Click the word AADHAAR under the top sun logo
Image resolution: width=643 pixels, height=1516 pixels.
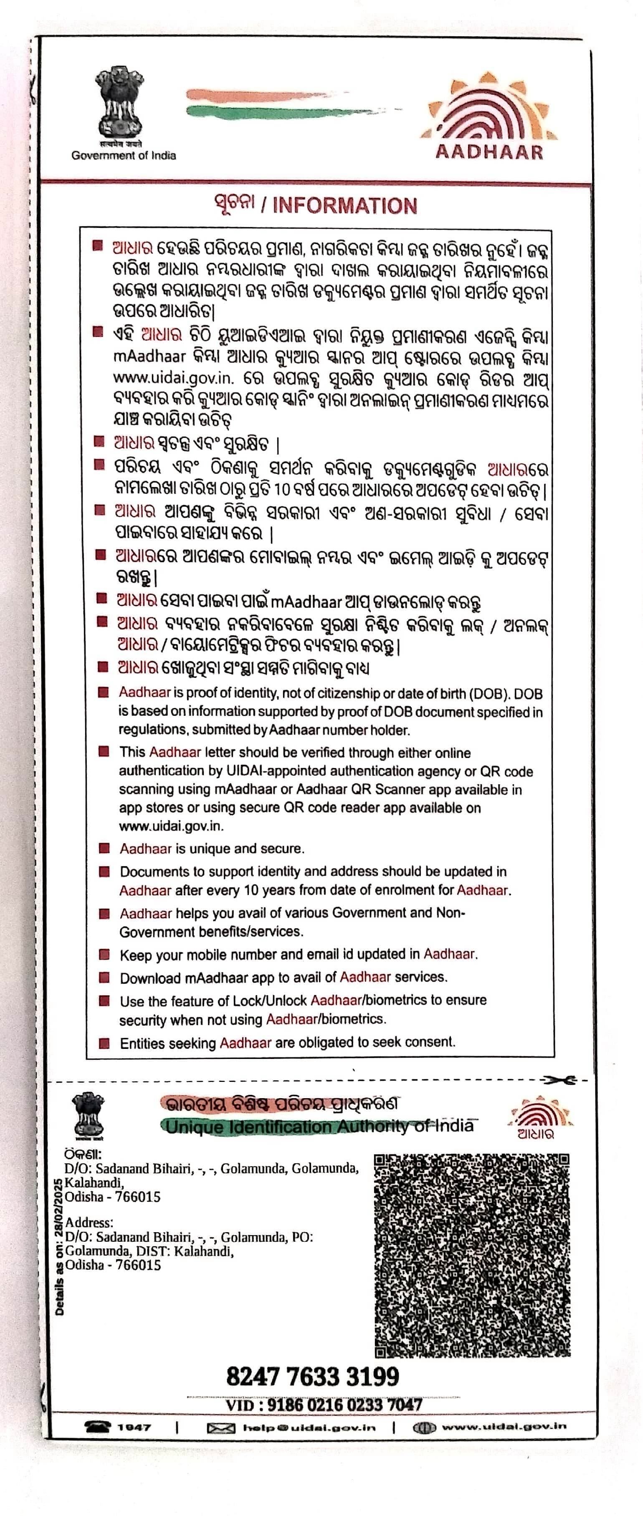click(489, 152)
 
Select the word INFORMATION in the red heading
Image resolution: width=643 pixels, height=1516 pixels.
click(345, 205)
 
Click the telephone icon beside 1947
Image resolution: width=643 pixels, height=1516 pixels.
click(98, 1427)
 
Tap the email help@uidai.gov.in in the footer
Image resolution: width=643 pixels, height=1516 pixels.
click(309, 1427)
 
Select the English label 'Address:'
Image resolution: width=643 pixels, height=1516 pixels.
click(89, 1222)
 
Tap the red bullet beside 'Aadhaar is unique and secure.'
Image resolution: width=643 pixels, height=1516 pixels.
click(104, 848)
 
